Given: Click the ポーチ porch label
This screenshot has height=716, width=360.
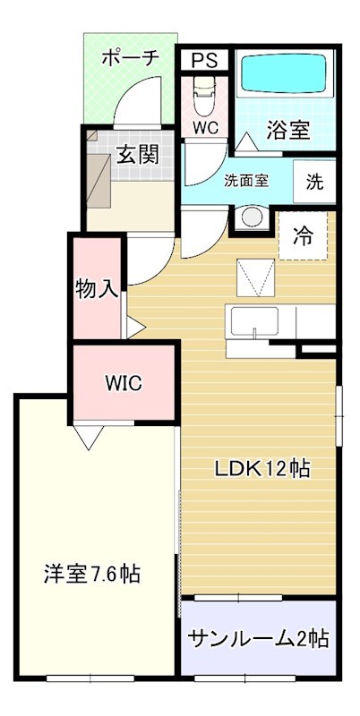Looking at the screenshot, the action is pos(130,58).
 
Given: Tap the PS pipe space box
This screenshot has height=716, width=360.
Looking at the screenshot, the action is pos(204,60).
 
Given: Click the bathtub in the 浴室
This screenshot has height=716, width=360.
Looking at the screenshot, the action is pos(284,74).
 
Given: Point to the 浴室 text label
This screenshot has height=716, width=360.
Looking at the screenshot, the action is pos(288,131).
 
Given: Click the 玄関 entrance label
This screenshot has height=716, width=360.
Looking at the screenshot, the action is pos(137,155).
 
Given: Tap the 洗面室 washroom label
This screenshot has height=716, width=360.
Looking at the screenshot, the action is pos(245,181).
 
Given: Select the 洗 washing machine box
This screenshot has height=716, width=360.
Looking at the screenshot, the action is pos(314,182).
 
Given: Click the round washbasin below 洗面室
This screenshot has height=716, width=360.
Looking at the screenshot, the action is pos(252,217).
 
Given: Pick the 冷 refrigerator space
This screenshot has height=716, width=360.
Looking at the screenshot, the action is pos(304,235).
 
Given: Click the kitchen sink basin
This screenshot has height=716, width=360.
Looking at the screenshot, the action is pos(254,322).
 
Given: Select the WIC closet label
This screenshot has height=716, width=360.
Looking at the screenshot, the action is pos(124,383).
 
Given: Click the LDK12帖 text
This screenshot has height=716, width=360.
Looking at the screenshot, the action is pos(262,468).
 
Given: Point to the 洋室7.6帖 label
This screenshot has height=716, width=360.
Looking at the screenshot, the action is pos(92,574).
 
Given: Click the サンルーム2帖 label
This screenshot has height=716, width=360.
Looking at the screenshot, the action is pos(259,638).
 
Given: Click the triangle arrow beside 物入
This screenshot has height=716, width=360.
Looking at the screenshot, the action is pos(136,328).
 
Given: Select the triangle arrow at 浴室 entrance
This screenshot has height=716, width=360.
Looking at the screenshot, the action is pos(246,141).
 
